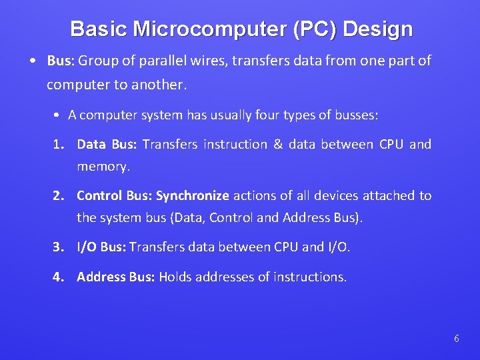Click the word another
coord(161,85)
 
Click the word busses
coord(355,115)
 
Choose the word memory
coord(102,167)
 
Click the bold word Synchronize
coord(193,196)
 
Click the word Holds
coord(175,277)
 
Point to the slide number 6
coord(456,339)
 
